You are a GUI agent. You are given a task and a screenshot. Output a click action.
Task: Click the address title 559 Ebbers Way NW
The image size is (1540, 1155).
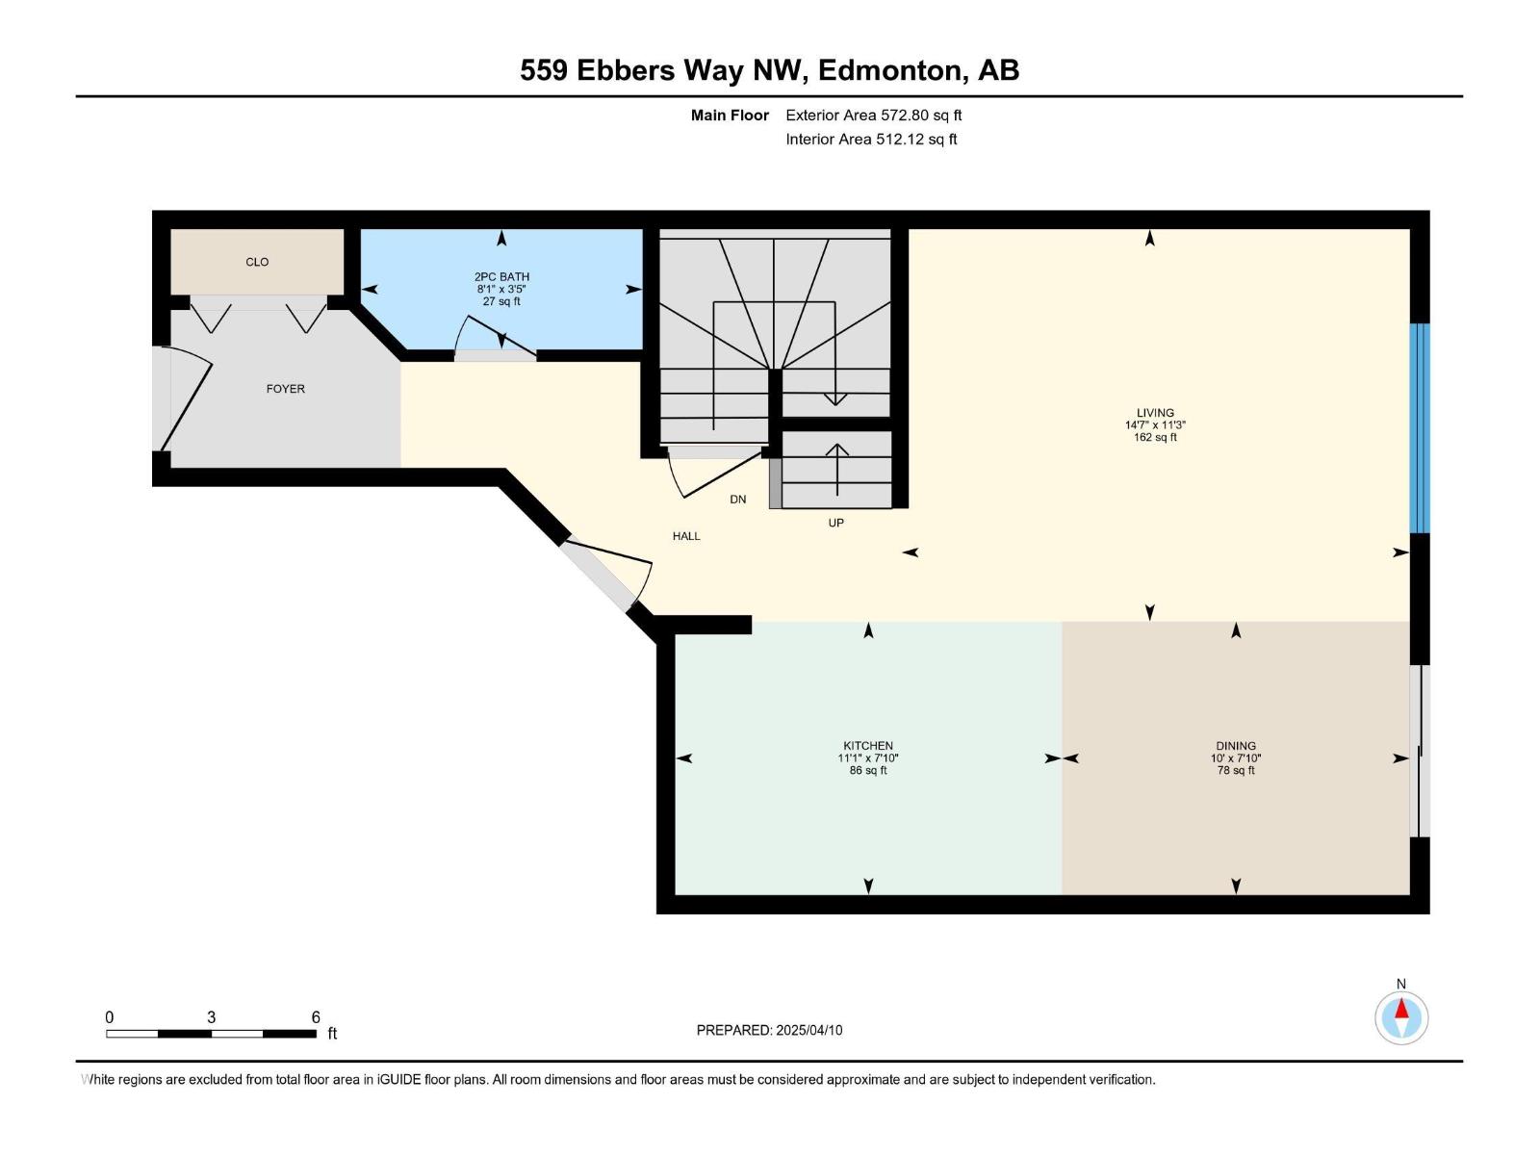[769, 70]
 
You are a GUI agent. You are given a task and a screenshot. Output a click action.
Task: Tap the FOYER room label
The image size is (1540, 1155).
[285, 389]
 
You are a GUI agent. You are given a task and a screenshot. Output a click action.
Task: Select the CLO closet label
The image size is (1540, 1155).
[257, 262]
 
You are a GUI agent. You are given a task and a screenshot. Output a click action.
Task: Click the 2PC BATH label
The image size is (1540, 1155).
[501, 276]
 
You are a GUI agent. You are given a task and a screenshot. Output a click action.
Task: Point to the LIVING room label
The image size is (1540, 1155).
[1155, 413]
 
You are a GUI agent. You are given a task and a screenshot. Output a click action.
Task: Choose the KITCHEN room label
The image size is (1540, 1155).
[868, 746]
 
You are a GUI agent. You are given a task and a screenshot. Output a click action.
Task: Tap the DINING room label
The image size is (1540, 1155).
[1236, 746]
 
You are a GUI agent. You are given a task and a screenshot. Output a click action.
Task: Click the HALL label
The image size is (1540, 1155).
[686, 536]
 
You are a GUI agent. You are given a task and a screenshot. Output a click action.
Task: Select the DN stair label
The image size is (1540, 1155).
[738, 500]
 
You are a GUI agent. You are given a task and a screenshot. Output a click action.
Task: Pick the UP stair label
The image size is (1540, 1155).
[835, 523]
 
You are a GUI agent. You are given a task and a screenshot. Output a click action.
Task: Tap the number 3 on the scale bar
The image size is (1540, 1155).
[211, 1017]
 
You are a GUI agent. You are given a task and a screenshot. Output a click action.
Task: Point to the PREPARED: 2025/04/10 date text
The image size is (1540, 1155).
[769, 1030]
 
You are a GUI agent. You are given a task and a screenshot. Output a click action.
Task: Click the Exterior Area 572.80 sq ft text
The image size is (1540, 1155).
[873, 115]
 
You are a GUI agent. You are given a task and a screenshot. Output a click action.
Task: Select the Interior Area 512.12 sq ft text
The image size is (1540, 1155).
[871, 140]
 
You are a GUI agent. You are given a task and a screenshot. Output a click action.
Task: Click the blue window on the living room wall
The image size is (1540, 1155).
[1420, 428]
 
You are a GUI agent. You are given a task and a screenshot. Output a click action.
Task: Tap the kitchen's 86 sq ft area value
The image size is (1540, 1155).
[868, 771]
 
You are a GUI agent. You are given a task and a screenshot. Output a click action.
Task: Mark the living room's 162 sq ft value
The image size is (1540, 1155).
[1155, 438]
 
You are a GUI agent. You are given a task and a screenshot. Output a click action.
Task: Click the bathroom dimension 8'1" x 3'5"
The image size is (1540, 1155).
[501, 289]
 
